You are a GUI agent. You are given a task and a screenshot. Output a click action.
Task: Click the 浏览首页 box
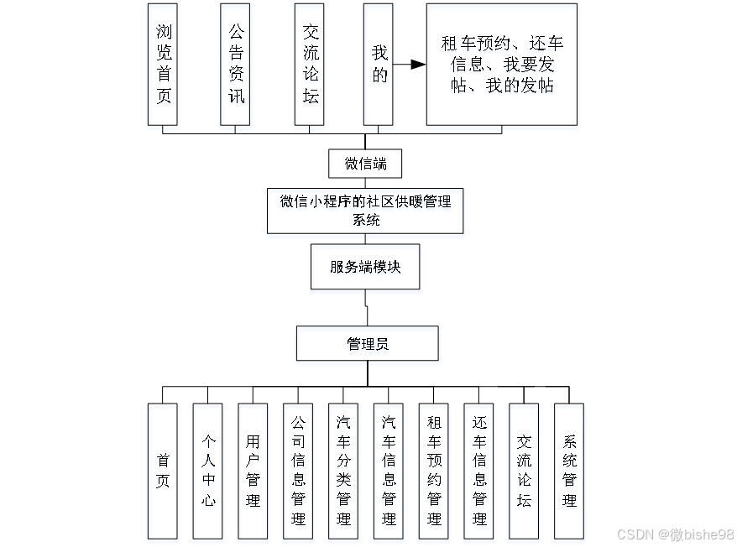point(163,64)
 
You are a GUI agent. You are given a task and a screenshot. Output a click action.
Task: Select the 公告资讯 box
point(236,64)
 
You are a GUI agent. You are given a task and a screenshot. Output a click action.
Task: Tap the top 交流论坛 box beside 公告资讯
point(310,64)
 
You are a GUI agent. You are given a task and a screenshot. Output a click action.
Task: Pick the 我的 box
point(379,64)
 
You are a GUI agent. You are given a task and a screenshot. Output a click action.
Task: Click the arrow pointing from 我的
point(409,64)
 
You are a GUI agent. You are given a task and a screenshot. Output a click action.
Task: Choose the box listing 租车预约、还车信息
point(501,64)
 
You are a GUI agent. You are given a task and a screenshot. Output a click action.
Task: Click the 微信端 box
point(365,163)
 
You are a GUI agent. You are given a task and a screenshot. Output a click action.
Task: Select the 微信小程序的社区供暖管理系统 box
point(365,211)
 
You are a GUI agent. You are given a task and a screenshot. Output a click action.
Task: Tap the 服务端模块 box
point(365,267)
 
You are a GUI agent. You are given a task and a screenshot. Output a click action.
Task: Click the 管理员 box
point(367,343)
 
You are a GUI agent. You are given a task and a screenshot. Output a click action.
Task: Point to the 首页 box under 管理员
point(163,471)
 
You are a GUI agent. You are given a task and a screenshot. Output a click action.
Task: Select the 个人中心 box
point(208,471)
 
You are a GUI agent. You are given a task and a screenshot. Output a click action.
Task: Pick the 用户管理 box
point(253,471)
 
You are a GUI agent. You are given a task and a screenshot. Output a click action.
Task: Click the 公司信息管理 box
point(298,471)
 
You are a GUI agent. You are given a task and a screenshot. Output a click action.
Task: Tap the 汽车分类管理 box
point(343,471)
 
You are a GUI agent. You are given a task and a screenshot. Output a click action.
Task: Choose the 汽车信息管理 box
point(389,471)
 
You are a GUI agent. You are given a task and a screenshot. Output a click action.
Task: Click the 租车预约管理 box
point(434,471)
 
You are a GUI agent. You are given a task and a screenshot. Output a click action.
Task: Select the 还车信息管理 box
point(479,471)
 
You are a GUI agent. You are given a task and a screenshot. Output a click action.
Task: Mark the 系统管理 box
point(569,471)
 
